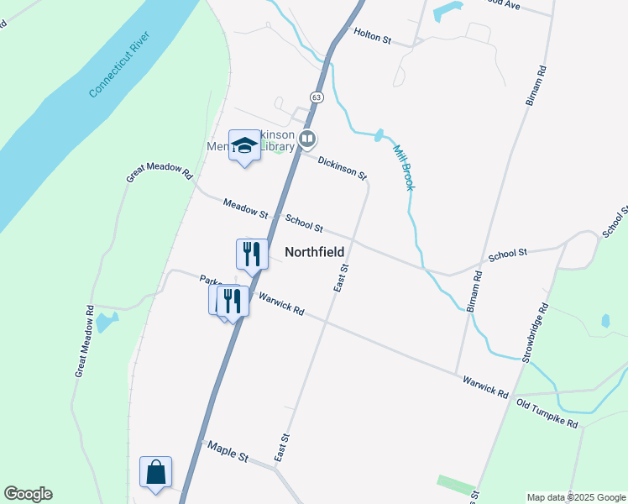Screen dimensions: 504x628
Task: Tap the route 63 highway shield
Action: (316, 97)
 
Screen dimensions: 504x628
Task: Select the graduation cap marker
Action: (244, 146)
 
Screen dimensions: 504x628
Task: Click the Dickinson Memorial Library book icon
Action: (308, 139)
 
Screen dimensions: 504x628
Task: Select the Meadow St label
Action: (245, 209)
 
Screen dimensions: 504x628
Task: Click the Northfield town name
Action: (315, 251)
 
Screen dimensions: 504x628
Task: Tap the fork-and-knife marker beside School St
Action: (252, 253)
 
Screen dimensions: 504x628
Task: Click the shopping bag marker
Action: (156, 472)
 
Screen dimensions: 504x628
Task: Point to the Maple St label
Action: (228, 452)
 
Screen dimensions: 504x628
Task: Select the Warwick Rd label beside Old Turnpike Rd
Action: (486, 387)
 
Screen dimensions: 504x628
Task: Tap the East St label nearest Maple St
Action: (282, 447)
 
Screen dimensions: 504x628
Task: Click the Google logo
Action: (28, 494)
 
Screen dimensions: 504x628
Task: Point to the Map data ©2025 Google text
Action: (576, 497)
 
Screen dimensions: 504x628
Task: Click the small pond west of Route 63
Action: (107, 322)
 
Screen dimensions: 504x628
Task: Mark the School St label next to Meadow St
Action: (304, 223)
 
